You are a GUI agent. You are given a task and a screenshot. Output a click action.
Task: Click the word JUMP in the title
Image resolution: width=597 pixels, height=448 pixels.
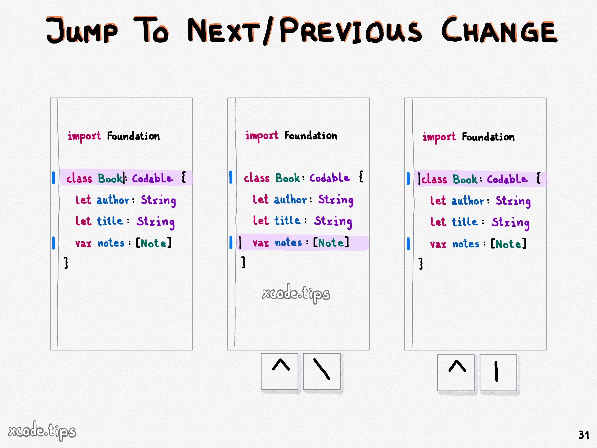click(82, 30)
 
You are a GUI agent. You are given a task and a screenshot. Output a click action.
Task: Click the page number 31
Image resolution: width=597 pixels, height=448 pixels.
click(584, 435)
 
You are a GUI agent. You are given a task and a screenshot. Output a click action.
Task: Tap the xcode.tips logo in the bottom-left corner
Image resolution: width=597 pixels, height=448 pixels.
click(42, 431)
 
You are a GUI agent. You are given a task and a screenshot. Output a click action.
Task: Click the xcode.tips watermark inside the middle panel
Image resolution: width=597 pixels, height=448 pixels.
click(296, 293)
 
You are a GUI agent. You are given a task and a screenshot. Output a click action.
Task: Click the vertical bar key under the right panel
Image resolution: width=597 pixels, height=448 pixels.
click(498, 373)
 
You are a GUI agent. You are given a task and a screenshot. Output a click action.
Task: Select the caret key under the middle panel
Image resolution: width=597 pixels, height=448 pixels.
click(280, 371)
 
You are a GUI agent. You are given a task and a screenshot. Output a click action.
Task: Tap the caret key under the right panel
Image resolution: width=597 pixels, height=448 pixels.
click(456, 373)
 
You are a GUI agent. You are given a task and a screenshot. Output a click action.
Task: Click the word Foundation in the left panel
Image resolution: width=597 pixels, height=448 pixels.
click(133, 136)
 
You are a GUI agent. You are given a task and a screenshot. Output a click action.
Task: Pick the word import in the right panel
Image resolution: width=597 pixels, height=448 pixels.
click(439, 137)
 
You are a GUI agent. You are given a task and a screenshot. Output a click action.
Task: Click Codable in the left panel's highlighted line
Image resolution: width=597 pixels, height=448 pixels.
click(152, 178)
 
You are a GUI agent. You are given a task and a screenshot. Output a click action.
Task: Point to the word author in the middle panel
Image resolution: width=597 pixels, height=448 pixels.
click(290, 199)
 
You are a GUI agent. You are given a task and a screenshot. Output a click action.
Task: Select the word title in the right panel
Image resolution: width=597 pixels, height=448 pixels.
click(465, 222)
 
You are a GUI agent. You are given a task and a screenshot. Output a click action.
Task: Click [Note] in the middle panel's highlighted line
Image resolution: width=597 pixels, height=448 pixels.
click(331, 243)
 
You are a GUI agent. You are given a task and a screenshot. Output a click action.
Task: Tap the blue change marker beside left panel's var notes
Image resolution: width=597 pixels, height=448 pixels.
click(53, 243)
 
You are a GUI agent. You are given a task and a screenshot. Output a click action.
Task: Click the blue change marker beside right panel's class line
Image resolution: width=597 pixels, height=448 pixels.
click(408, 179)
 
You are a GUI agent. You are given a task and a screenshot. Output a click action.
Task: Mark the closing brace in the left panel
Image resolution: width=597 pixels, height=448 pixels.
click(66, 263)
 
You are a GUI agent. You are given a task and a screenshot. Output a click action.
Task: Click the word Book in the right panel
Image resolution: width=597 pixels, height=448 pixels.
click(465, 179)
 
